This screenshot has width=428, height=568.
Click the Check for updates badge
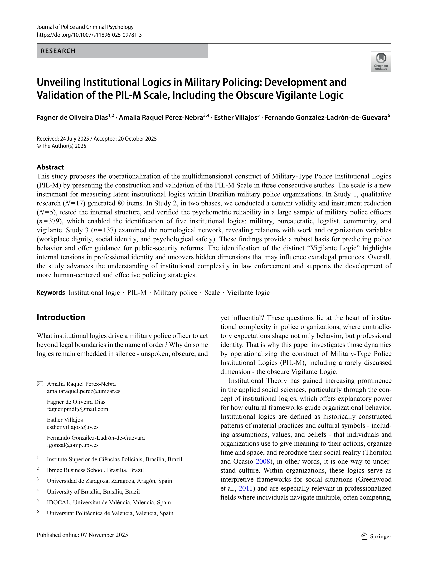click(381, 62)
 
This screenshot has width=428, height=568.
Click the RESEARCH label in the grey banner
click(58, 51)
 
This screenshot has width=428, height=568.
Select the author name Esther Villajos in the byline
click(235, 118)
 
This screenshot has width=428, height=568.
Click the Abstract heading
click(50, 167)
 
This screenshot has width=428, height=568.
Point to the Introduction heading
click(61, 317)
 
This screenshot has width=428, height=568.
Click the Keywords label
click(51, 293)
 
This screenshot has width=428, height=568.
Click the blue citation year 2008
click(263, 461)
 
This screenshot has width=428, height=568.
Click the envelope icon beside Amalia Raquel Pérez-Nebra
click(40, 384)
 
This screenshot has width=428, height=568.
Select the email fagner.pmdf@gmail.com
click(77, 409)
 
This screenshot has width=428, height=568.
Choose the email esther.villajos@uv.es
click(73, 427)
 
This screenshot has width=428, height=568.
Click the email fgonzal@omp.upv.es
click(73, 445)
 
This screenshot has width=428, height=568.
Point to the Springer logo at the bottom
click(376, 536)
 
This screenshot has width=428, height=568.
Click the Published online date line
click(82, 535)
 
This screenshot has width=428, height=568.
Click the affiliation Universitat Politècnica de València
click(110, 513)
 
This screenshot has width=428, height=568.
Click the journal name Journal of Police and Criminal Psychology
click(85, 27)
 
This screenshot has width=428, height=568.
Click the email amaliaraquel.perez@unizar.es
click(84, 391)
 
